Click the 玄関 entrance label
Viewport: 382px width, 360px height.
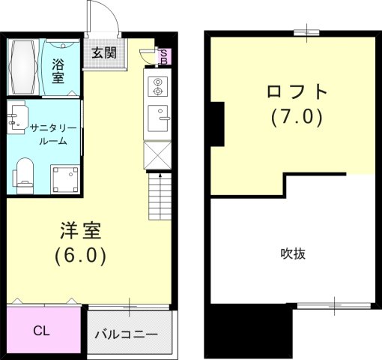105,53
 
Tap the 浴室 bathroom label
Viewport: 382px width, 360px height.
58,68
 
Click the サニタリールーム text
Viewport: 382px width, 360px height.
49,134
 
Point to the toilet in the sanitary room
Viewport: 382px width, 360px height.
24,172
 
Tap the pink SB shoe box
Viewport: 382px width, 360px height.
164,57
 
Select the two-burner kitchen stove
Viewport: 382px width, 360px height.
157,87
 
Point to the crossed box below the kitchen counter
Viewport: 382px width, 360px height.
158,154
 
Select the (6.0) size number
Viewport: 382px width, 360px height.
80,255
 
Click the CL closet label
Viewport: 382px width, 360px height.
42,329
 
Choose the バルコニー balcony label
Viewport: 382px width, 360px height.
126,334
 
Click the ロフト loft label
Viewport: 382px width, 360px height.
297,93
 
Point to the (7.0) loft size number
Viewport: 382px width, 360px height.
297,118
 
